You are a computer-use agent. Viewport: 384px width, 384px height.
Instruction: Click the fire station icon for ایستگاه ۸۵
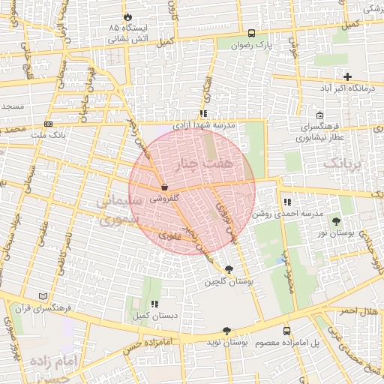click(127, 16)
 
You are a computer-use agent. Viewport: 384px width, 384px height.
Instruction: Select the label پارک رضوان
click(251, 45)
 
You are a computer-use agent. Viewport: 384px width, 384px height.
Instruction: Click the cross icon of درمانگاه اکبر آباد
click(347, 76)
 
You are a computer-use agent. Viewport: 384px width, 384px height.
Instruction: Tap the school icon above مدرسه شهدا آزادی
click(203, 113)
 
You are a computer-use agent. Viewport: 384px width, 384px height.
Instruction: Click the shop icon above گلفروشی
click(164, 187)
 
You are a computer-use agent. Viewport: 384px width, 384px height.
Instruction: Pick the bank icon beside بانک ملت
click(49, 123)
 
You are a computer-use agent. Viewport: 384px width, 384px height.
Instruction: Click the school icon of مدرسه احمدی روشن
click(287, 202)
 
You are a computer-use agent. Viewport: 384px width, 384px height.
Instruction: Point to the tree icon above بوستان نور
click(336, 220)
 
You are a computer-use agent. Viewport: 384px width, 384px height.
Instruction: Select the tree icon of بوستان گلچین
click(229, 270)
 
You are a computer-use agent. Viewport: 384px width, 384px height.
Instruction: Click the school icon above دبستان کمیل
click(154, 304)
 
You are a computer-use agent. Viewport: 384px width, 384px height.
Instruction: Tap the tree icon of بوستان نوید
click(226, 331)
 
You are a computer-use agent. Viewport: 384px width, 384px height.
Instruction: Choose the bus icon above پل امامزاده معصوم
click(286, 331)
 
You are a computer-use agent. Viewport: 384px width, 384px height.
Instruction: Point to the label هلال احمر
click(358, 310)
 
